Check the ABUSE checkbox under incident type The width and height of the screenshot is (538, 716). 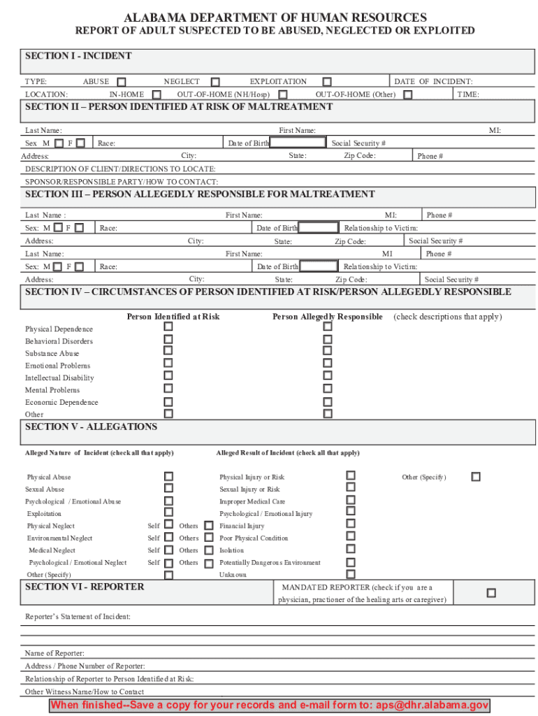pos(122,82)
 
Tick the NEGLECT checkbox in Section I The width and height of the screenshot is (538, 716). pos(215,82)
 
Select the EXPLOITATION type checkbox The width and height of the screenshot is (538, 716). pos(327,82)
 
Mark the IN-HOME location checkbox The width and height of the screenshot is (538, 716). pos(157,94)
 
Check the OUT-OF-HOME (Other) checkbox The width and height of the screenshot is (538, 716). pos(407,94)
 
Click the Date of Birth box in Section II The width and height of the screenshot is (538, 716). pos(298,143)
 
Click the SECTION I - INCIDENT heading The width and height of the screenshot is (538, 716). pos(78,56)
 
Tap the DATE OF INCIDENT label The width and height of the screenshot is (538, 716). pos(433,82)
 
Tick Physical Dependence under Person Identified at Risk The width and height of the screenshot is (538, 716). pos(168,327)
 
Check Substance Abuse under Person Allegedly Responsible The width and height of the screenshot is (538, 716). pos(327,351)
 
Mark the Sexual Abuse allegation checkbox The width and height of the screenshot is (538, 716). pos(168,489)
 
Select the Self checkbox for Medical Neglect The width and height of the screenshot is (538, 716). pos(168,550)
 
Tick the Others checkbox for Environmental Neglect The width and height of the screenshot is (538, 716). pos(208,538)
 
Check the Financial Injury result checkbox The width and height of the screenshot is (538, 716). pos(351,524)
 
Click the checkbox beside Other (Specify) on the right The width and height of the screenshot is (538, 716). pos(476,477)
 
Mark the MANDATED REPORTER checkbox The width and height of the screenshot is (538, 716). pos(491,593)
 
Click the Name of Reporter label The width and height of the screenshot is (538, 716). pos(54,653)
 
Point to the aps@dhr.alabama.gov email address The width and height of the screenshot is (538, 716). pos(431,705)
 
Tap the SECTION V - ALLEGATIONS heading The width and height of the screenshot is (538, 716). pos(91,427)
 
